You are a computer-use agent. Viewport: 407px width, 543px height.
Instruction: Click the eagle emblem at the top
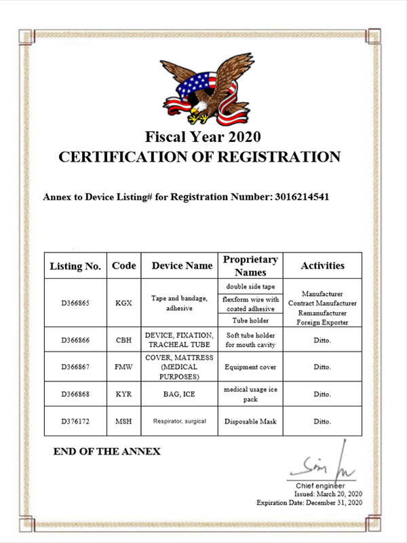tap(202, 90)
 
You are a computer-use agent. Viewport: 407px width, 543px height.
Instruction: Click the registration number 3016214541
tap(302, 198)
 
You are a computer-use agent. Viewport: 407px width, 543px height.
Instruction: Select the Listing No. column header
tap(75, 266)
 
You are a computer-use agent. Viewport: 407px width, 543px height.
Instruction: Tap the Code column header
tap(123, 265)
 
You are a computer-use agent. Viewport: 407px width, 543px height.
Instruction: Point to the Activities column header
tap(322, 265)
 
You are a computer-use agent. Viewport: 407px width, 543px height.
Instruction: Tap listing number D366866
tap(75, 339)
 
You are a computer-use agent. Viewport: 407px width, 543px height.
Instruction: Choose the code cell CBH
tap(123, 339)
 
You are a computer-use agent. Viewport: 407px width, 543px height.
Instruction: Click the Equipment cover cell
tap(250, 367)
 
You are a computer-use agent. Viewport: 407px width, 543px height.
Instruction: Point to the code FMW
tap(123, 367)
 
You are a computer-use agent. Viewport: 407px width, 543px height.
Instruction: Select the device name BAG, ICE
tap(179, 394)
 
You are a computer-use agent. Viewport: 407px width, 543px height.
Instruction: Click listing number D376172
tap(75, 422)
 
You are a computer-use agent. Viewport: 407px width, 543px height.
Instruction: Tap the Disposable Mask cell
tap(250, 422)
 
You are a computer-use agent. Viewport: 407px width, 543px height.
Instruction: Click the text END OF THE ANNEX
tap(106, 451)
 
